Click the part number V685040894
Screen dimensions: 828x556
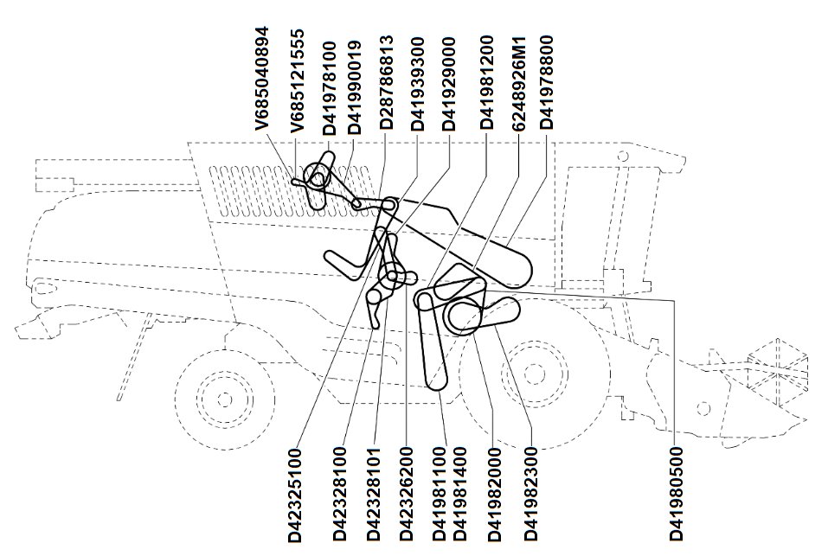point(262,78)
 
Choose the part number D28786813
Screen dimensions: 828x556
point(387,82)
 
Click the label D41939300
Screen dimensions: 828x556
point(418,84)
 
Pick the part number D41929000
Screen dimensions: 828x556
point(448,84)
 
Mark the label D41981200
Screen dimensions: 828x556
point(486,82)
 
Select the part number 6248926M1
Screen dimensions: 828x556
point(519,84)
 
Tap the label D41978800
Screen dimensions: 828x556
point(546,82)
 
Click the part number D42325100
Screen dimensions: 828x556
point(295,495)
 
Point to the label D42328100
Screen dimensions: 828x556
point(341,494)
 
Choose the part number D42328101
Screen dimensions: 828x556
point(374,495)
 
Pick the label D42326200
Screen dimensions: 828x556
point(406,494)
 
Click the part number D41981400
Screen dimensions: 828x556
point(460,494)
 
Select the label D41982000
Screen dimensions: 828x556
point(495,495)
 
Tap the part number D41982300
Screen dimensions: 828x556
point(530,494)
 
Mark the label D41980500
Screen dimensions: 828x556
point(677,494)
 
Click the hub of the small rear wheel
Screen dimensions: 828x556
point(225,399)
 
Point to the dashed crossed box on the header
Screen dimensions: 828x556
point(779,372)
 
